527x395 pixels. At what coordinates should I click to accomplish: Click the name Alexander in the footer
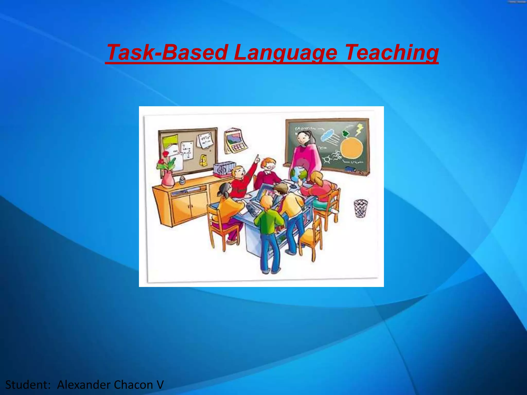[84, 385]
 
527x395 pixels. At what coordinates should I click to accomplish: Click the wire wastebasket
[361, 208]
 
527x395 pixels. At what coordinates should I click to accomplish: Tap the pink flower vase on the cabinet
[168, 179]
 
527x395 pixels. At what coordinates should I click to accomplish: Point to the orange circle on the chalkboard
[352, 148]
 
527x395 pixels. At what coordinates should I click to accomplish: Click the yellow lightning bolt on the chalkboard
[359, 129]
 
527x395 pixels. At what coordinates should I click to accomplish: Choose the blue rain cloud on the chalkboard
[328, 135]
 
